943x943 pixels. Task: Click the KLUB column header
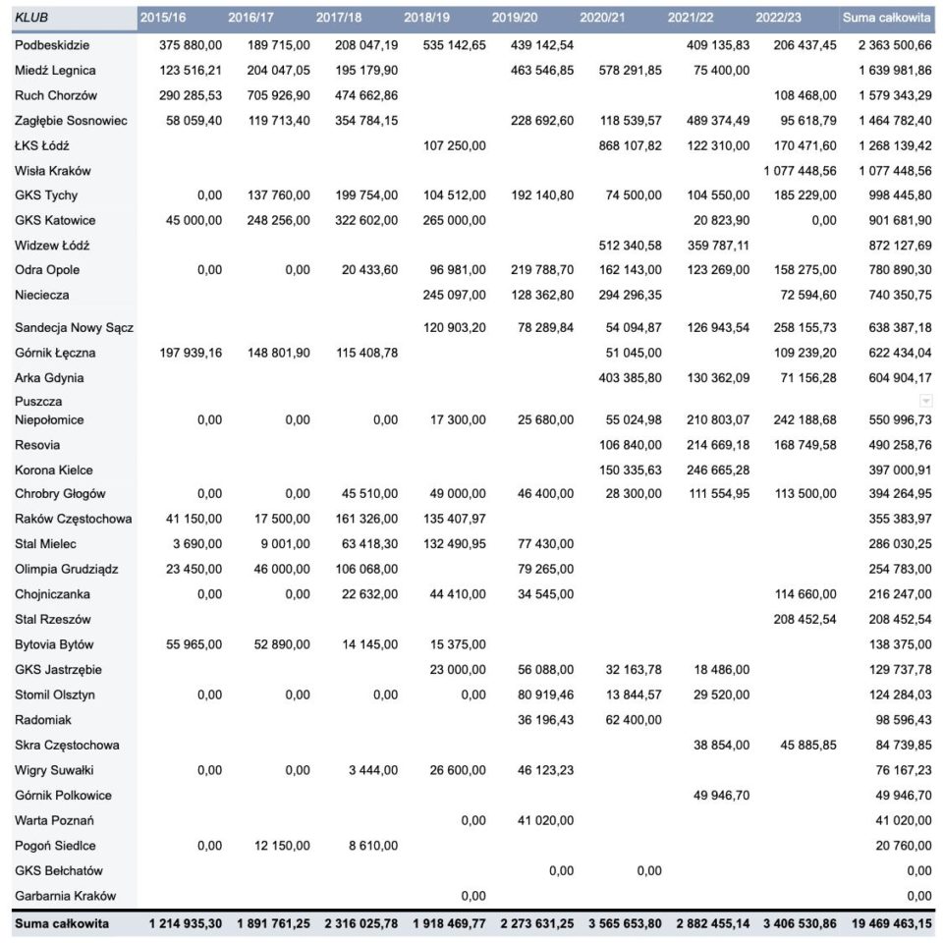(32, 17)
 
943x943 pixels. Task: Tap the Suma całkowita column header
(886, 17)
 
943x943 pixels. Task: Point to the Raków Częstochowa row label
(74, 519)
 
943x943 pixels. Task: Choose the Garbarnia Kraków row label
(66, 896)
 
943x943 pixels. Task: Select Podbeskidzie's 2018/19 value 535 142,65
(446, 45)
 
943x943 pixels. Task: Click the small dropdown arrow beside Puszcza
(924, 401)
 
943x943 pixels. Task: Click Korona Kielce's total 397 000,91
(893, 470)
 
